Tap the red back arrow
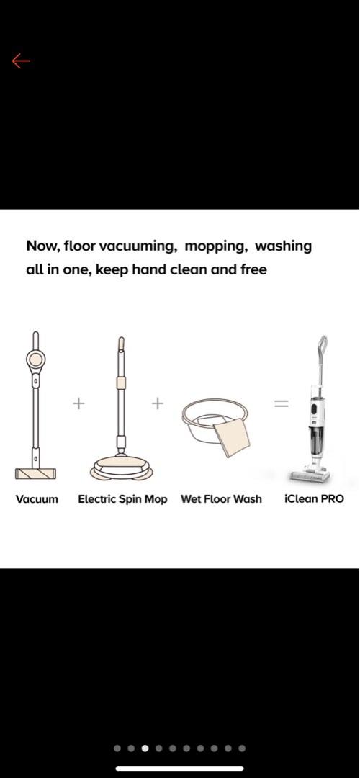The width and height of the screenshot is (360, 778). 20,61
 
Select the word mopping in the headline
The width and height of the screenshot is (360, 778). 215,246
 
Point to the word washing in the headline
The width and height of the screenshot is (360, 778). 284,246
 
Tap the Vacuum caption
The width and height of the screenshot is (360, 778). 37,498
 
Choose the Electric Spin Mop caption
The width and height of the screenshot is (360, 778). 122,498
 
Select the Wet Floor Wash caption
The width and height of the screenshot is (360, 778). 221,498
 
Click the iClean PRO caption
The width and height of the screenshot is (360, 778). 314,498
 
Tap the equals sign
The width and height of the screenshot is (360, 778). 280,403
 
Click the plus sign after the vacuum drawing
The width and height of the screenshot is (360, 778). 78,403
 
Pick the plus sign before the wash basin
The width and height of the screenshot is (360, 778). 158,403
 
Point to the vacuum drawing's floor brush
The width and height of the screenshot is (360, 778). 35,473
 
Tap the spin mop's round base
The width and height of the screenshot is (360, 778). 121,468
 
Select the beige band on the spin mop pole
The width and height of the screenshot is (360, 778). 121,383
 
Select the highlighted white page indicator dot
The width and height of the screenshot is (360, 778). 145,748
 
